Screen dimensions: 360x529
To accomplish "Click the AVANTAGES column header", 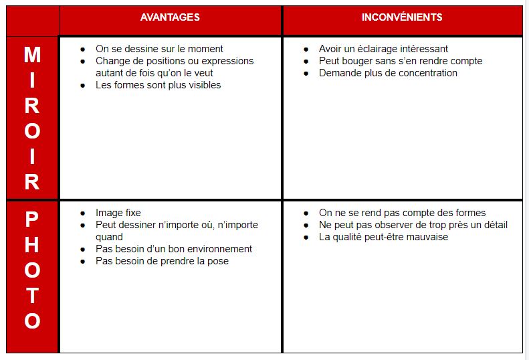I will click(x=170, y=17).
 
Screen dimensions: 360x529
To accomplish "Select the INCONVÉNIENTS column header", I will click(x=402, y=17).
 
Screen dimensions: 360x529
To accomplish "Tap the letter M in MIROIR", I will click(x=32, y=55).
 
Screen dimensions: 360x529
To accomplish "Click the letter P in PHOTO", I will click(x=32, y=219).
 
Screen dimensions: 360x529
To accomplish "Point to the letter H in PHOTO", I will click(x=32, y=245).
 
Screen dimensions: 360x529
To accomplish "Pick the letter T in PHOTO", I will click(x=32, y=296).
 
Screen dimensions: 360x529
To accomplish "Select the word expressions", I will click(x=228, y=61).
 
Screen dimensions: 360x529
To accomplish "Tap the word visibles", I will click(x=203, y=85).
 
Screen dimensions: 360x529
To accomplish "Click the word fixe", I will click(x=132, y=213).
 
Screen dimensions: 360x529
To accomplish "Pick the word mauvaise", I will click(x=427, y=237).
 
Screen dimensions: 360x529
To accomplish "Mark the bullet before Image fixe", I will click(x=82, y=213).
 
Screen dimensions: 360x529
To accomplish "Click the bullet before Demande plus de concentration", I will click(x=306, y=74).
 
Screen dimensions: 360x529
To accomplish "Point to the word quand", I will click(x=109, y=237).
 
